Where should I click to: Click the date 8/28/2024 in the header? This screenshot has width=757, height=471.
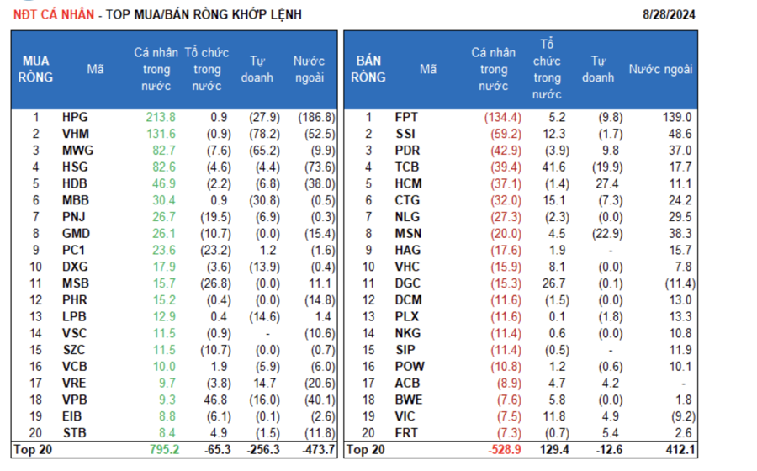click(x=668, y=14)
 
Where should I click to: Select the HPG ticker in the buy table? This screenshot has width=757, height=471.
click(x=75, y=118)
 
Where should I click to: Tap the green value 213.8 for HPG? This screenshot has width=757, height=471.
click(x=160, y=118)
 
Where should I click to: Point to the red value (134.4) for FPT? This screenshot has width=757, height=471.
click(x=502, y=118)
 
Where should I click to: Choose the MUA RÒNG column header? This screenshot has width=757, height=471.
click(x=36, y=69)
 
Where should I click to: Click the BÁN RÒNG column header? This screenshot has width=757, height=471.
click(x=369, y=69)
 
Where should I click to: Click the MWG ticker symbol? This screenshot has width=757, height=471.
click(x=77, y=151)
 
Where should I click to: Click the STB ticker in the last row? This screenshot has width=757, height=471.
click(x=75, y=433)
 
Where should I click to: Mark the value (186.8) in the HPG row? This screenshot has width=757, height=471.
click(x=316, y=118)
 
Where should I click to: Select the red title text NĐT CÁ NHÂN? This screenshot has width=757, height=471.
click(x=48, y=14)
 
